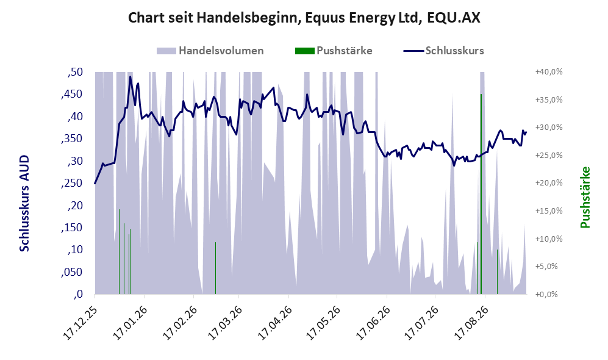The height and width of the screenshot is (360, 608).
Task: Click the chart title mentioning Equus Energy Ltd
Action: click(304, 18)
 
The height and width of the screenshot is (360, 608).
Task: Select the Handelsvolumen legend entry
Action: click(210, 51)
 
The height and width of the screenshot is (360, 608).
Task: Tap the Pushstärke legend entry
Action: click(334, 51)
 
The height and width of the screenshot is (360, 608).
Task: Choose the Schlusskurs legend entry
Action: click(443, 51)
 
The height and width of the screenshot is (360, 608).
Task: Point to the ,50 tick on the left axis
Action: click(75, 72)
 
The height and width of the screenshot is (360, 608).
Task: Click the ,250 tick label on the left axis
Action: click(72, 183)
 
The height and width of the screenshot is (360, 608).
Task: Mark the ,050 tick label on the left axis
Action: click(72, 272)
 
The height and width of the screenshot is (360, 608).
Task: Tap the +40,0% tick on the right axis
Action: click(549, 72)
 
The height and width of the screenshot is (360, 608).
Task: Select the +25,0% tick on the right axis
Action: click(549, 155)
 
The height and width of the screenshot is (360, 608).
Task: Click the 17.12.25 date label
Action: click(80, 323)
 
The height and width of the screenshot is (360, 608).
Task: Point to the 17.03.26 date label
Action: click(225, 323)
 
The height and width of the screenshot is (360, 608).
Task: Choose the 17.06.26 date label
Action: click(373, 323)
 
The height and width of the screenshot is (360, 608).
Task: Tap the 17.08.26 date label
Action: click(471, 323)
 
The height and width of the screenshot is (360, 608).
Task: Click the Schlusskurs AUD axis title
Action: click(24, 203)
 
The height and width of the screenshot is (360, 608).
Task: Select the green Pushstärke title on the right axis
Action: click(585, 197)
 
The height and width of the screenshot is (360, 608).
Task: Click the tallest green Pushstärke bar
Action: click(481, 194)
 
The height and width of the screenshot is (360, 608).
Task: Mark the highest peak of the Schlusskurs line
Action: click(131, 76)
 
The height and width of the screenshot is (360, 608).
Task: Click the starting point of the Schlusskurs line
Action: click(95, 184)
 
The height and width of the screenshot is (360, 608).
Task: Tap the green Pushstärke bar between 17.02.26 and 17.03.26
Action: click(216, 268)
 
